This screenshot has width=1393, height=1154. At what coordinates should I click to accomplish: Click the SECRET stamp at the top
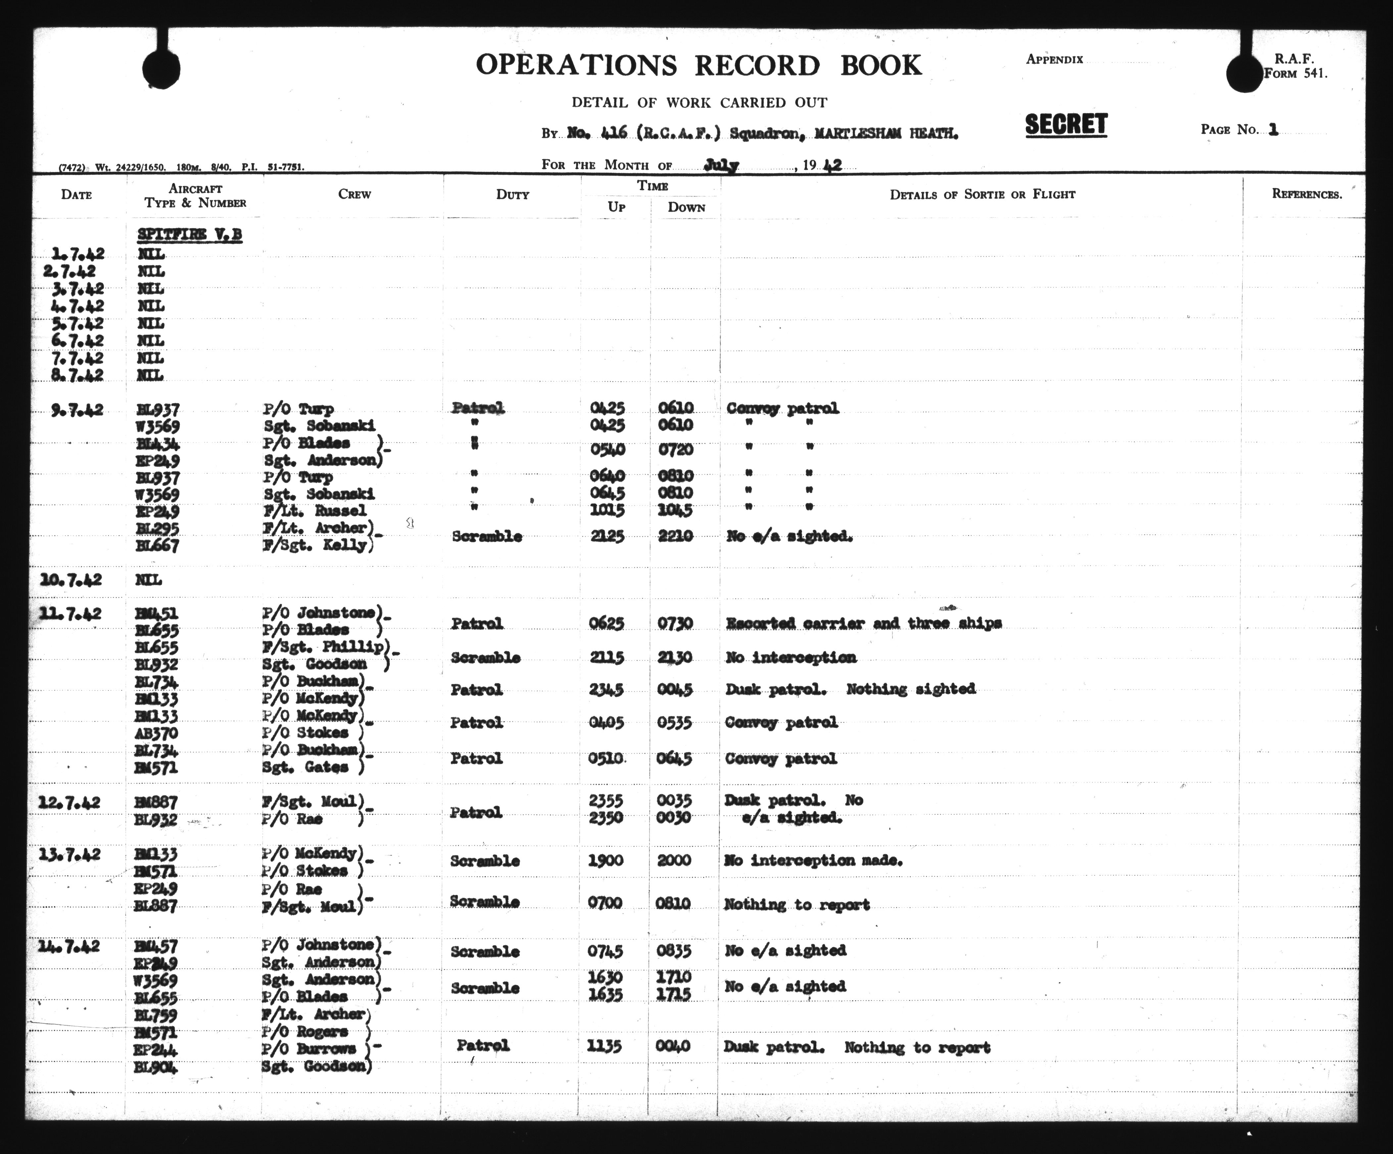[x=1066, y=125]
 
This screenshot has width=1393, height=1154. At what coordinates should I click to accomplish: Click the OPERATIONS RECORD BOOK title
[x=698, y=65]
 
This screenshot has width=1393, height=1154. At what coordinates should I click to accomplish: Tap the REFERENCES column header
[x=1306, y=194]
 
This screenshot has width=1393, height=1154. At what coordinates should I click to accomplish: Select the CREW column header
[x=354, y=194]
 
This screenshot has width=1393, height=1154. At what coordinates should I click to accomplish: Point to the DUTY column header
[x=512, y=194]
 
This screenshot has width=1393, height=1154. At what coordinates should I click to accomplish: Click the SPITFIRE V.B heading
[x=190, y=235]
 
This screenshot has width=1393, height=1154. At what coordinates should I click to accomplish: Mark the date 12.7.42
[x=70, y=803]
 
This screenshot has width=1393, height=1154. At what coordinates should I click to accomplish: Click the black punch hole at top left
[x=161, y=69]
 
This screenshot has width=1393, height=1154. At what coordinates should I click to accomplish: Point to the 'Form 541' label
[x=1295, y=74]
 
